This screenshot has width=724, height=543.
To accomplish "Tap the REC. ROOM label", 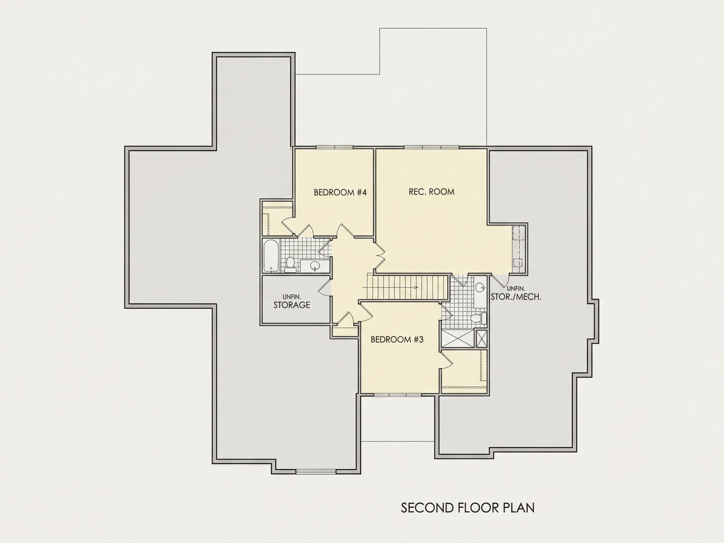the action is [431, 191].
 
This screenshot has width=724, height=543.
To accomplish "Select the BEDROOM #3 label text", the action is [397, 339].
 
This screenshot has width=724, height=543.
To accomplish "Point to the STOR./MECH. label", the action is [516, 297].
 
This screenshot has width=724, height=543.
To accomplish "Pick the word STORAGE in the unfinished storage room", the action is [292, 305].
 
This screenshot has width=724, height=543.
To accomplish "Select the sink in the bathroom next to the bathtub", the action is [315, 266].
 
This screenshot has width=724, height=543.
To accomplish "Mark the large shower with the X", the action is [457, 339].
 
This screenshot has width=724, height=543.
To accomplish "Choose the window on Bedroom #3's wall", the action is [397, 395].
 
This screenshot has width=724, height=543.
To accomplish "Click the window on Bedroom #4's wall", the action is [335, 147].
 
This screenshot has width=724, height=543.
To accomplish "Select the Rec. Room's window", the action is [431, 147].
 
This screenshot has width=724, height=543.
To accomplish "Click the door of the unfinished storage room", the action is [325, 288].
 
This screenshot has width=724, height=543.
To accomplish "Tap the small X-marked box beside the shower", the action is [481, 339].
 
